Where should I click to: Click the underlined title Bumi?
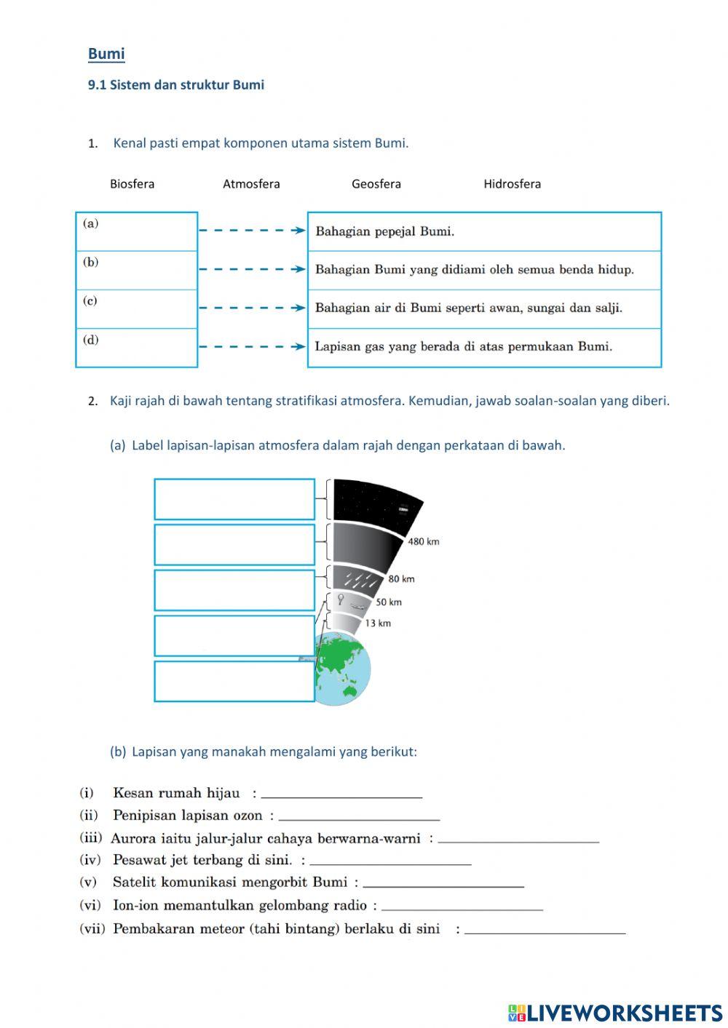pos(106,54)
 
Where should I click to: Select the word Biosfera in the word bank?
pos(132,184)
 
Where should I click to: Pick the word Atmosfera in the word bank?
pos(251,184)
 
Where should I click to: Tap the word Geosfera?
pos(376,184)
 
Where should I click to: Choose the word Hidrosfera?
pos(512,184)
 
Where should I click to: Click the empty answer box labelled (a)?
pos(137,231)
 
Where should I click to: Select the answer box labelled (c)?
pos(137,308)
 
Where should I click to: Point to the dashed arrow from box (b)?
pos(252,269)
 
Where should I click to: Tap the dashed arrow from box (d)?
pos(252,346)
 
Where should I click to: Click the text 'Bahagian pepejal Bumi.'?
pos(384,231)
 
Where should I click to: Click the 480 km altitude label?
pos(423,541)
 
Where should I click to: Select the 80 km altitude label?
pos(401,579)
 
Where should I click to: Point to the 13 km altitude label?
pos(378,623)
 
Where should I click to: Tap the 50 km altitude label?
pos(389,602)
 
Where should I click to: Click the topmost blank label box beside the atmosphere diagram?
pos(234,499)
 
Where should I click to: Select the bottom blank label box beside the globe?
pos(234,681)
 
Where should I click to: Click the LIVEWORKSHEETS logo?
pos(615,1013)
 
